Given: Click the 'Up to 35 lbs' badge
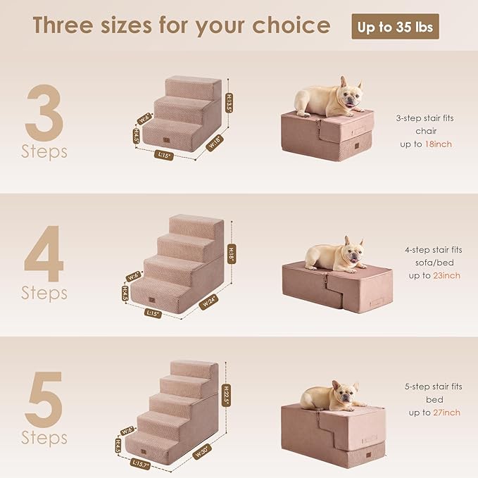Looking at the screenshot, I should pos(396,27).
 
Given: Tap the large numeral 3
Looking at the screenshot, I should pos(44,112).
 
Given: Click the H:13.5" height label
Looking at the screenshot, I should pos(229,103).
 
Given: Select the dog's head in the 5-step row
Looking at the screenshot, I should pos(344,395).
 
